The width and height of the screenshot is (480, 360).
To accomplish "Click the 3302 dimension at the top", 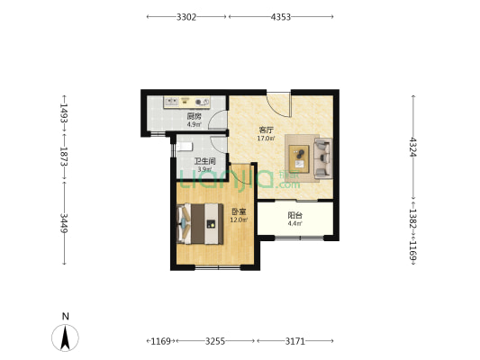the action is (x=186, y=17).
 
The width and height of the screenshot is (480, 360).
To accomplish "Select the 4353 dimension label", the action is (x=281, y=17).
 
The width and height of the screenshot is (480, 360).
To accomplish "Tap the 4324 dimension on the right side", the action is (x=413, y=147).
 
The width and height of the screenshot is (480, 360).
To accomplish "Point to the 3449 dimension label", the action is (x=64, y=223).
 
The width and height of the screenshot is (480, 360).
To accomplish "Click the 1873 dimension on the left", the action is (x=64, y=157).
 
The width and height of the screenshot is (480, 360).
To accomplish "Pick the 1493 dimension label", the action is (x=64, y=113).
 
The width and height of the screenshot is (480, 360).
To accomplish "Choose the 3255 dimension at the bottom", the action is (x=215, y=341).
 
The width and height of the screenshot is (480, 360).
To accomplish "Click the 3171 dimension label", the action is (x=295, y=341).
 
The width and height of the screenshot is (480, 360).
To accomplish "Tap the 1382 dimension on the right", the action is (x=413, y=219).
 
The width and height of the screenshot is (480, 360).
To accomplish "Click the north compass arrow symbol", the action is (x=65, y=337).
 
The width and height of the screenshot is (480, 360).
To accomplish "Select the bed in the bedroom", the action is (x=200, y=223).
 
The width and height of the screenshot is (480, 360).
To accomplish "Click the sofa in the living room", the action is (x=323, y=158).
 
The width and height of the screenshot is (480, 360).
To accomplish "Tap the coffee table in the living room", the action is (x=299, y=159).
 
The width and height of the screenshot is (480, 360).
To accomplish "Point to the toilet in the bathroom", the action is (x=185, y=147).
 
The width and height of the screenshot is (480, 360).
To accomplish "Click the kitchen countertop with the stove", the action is (x=186, y=103).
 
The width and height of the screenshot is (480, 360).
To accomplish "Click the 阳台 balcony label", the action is (x=295, y=215).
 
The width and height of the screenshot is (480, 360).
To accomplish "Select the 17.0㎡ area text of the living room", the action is (x=266, y=139).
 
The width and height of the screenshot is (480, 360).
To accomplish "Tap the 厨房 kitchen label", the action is (x=195, y=116).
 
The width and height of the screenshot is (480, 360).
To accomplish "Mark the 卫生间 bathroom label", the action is (x=204, y=161).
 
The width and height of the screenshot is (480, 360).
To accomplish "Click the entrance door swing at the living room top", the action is (x=278, y=104).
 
